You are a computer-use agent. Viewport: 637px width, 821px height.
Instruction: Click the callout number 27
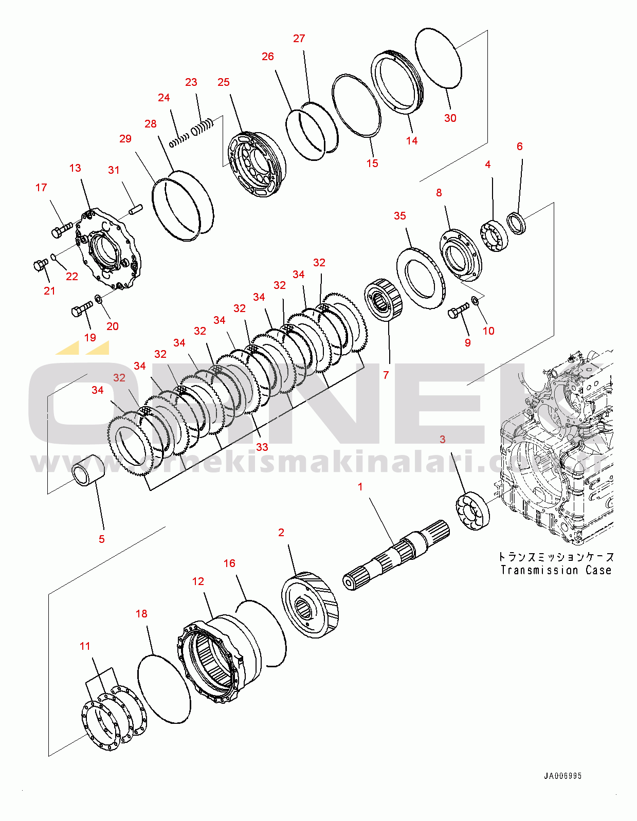tap(299, 39)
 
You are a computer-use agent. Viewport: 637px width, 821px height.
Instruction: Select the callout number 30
tap(450, 118)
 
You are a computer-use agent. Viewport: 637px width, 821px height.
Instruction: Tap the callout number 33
tap(262, 447)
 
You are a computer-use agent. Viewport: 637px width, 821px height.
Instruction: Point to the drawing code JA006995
tap(563, 776)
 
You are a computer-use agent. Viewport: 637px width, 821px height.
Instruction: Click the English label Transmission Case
tap(556, 570)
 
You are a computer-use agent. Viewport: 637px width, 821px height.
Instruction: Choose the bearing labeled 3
tap(472, 510)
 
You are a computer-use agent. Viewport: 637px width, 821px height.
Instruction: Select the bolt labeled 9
tap(458, 311)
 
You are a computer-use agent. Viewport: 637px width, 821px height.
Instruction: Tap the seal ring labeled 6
tap(517, 223)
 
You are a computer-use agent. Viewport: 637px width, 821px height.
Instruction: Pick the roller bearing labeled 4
tap(495, 235)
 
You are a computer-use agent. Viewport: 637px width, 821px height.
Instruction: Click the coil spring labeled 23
tap(203, 127)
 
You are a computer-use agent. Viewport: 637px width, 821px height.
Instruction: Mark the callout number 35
tap(400, 216)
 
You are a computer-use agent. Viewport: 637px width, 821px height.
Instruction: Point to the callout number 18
tap(141, 614)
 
